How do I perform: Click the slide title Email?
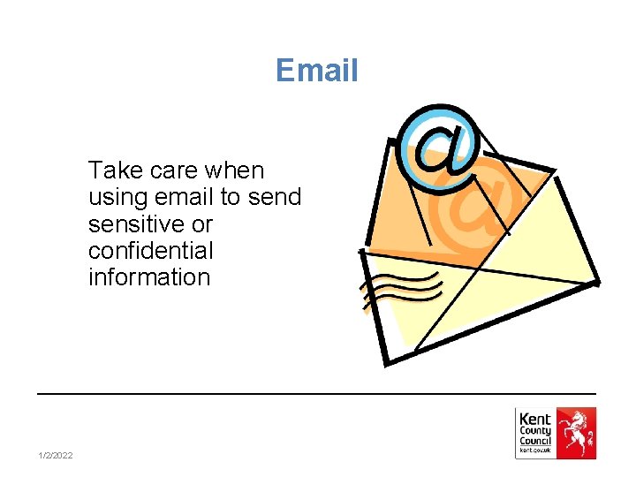317,70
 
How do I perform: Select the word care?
177,169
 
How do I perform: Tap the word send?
276,196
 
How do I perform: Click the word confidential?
150,250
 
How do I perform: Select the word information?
149,277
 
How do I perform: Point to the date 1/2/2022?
56,455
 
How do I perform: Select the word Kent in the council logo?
535,420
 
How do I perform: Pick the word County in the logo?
535,431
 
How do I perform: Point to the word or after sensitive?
201,223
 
